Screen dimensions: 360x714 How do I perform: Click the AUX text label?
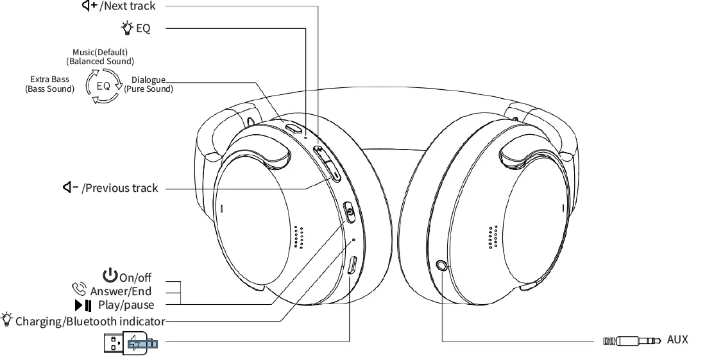[x=677, y=339]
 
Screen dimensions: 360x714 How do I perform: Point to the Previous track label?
[x=121, y=188]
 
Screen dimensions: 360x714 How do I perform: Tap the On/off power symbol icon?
[x=110, y=276]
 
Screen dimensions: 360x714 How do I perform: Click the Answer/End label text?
[x=121, y=291]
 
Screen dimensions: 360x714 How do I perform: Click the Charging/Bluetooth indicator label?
[x=90, y=321]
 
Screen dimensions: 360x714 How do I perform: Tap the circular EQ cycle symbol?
[x=103, y=86]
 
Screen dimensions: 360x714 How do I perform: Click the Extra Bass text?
[x=49, y=80]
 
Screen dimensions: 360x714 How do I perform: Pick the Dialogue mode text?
[x=148, y=80]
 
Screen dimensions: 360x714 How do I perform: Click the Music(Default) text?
[x=100, y=51]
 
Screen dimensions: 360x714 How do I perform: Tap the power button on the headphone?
[x=350, y=212]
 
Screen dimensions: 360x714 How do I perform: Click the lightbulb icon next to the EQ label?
[x=126, y=28]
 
